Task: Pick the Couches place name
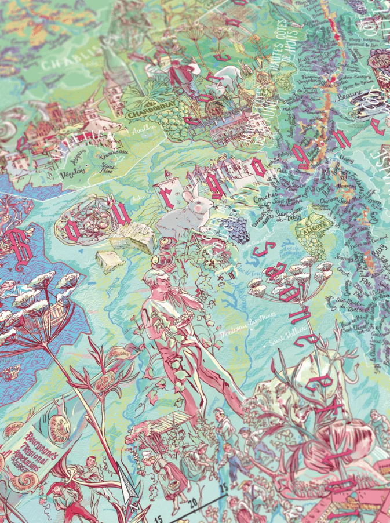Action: (265, 198)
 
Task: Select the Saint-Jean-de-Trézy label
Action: (280, 218)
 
